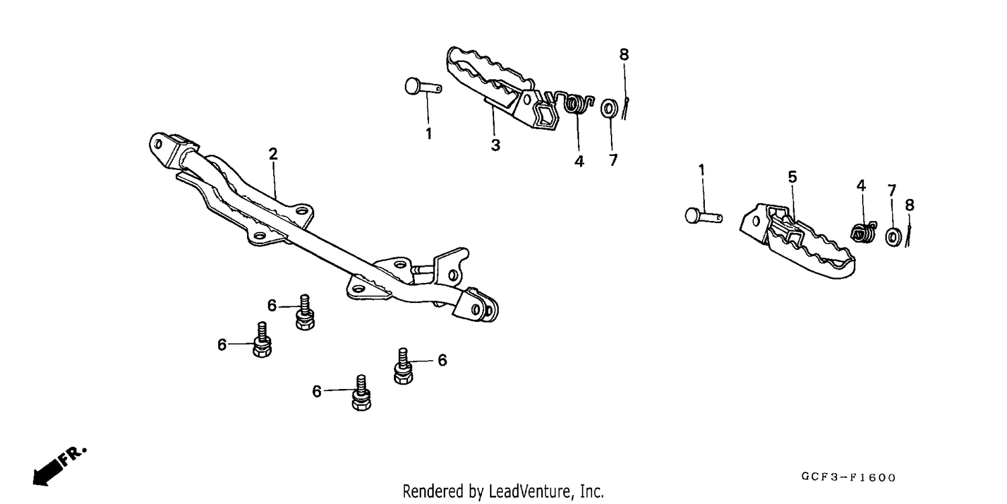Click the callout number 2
click(273, 154)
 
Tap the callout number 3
click(495, 145)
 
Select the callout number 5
click(792, 177)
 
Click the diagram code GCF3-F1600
click(849, 477)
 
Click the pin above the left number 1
click(422, 86)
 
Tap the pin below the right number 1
click(704, 216)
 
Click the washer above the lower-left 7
click(609, 108)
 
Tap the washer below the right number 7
click(894, 237)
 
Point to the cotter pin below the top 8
click(625, 108)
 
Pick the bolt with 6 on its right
click(403, 366)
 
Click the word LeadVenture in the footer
click(528, 491)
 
